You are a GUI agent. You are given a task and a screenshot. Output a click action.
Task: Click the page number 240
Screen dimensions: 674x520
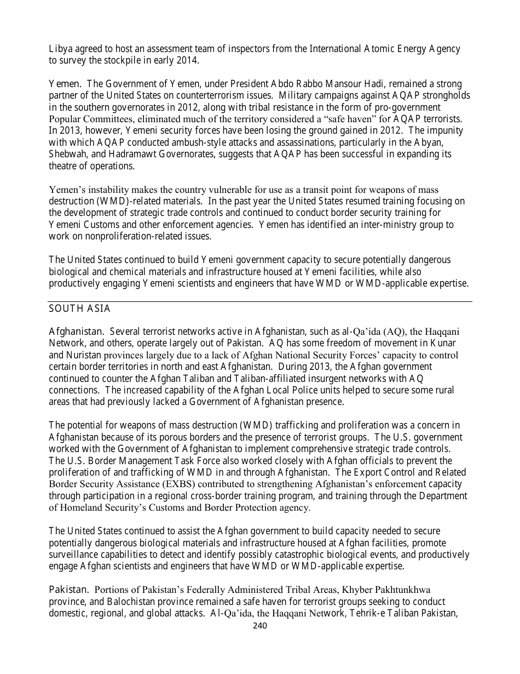260,625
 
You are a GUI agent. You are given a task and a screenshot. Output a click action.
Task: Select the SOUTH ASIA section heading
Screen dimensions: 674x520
79,309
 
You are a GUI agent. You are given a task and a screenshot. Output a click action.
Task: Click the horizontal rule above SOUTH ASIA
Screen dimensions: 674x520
260,301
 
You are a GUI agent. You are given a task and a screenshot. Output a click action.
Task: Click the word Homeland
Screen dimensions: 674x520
82,507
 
